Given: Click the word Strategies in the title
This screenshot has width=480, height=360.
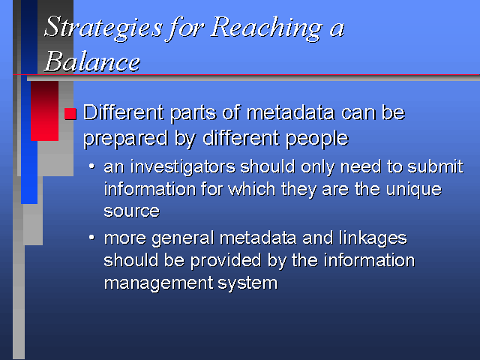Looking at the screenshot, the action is point(103,28).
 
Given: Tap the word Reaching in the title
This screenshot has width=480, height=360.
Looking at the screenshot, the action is point(266,28).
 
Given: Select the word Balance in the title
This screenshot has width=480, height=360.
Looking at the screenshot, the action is point(91,61).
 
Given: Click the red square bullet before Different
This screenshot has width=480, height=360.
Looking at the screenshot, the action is point(70,113).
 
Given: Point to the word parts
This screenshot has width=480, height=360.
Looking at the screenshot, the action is point(193,114).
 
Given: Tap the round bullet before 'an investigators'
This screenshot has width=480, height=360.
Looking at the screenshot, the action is point(91,166).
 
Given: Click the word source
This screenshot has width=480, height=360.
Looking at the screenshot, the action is point(132,211).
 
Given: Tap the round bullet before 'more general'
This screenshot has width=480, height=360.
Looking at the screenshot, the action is point(91,238).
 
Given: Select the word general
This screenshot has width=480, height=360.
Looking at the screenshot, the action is point(183,239).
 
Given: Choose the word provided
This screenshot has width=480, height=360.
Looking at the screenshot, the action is point(226,261).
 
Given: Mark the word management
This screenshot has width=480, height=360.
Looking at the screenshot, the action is point(158,283).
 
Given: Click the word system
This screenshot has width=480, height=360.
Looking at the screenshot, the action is point(247,283).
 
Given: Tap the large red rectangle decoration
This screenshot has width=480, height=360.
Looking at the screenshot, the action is point(45,111).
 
